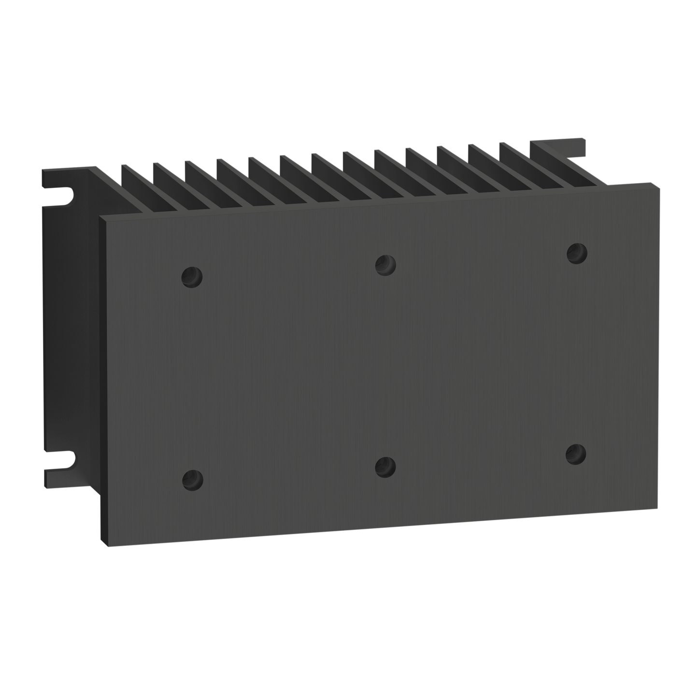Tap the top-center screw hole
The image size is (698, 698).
click(x=385, y=265)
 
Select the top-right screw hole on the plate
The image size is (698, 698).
click(x=576, y=253)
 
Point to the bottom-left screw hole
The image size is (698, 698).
click(x=192, y=479)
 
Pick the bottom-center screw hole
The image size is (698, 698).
click(x=385, y=467)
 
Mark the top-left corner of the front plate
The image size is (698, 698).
click(x=100, y=217)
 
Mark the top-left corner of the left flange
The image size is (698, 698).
click(x=43, y=171)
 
